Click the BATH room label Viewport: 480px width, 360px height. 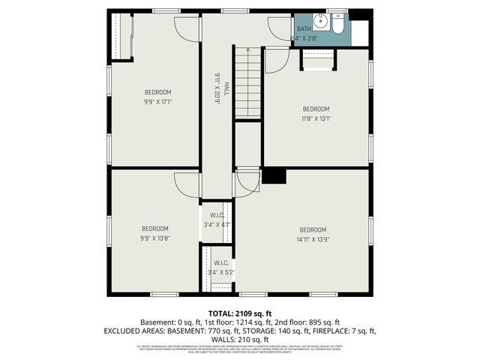tap(304, 28)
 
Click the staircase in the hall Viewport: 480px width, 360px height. tap(247, 82)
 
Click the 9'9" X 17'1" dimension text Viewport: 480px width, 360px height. tap(158, 101)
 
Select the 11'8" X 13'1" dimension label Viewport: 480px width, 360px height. tap(316, 118)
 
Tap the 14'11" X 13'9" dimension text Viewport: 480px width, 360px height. tap(313, 239)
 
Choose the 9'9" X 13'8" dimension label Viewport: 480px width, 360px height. tap(155, 238)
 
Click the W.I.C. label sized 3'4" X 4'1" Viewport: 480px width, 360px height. tap(217, 224)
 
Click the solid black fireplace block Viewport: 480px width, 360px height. tap(274, 176)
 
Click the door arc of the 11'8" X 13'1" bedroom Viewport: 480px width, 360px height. tap(276, 60)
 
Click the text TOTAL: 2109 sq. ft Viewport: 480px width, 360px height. tap(239, 313)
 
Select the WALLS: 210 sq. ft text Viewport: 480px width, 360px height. tap(240, 340)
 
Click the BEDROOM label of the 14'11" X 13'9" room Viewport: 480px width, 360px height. tap(313, 229)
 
